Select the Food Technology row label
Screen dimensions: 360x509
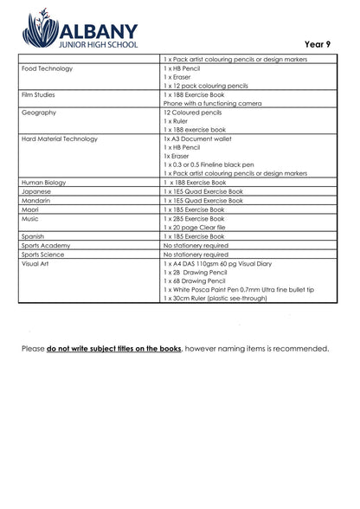47,68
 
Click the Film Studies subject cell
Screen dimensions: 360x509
39,94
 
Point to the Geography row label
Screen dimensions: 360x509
39,113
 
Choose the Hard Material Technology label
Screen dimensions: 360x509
60,139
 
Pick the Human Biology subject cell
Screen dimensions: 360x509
44,182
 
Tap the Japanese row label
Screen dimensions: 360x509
37,191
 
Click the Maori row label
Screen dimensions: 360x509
33,209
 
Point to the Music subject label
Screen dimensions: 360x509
31,218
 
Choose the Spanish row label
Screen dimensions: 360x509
35,236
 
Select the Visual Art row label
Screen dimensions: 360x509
36,263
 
